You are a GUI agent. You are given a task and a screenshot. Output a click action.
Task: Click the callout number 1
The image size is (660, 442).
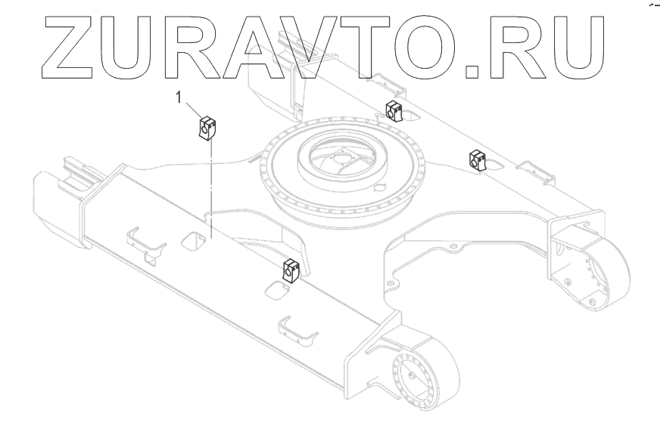pyautogui.click(x=179, y=97)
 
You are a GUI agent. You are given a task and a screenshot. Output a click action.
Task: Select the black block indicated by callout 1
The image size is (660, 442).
pyautogui.click(x=207, y=128)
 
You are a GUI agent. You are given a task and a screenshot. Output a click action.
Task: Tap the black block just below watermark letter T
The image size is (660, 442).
pyautogui.click(x=393, y=111)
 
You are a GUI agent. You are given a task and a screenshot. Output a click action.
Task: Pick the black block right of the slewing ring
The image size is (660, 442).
pyautogui.click(x=477, y=159)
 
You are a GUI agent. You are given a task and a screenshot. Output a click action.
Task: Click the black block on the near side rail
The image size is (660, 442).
pyautogui.click(x=291, y=268)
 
